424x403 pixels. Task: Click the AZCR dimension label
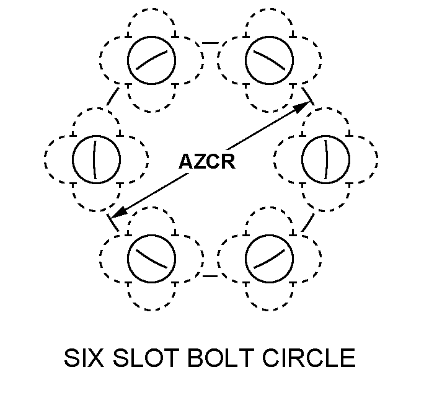tap(207, 162)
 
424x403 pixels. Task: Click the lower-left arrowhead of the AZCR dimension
tap(118, 213)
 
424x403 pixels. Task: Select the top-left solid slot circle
tap(151, 60)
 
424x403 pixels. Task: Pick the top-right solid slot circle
tap(270, 60)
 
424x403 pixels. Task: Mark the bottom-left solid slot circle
tap(151, 259)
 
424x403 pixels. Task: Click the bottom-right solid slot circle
tap(270, 259)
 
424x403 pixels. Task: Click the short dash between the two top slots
tap(211, 43)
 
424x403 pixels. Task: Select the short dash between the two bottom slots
tap(211, 275)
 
